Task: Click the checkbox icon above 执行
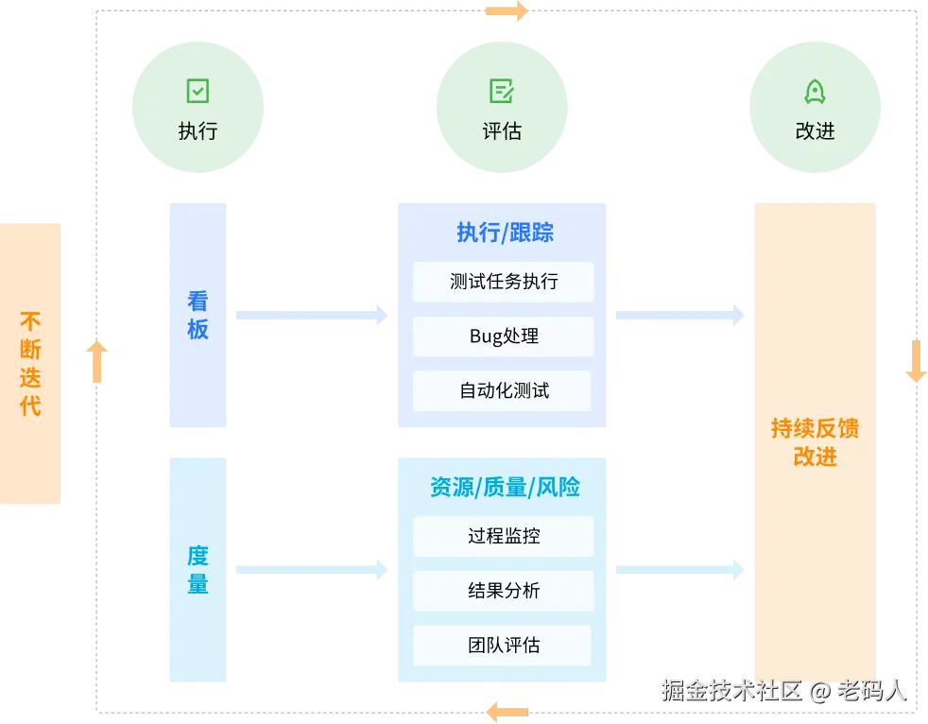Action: coord(198,91)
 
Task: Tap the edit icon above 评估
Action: coord(502,91)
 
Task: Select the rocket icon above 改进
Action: coord(815,91)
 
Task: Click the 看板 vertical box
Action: coord(197,315)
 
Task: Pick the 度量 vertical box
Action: coord(197,570)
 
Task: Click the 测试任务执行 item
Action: coord(503,282)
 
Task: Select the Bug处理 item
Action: coord(503,336)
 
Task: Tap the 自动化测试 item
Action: coord(503,390)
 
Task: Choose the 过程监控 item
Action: coord(503,536)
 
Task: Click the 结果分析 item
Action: coord(503,591)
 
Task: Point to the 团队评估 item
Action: coord(503,646)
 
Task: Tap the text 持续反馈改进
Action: coord(815,442)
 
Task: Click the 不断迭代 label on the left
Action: coord(31,364)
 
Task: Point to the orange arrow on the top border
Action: coord(506,11)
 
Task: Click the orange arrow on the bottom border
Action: coord(507,710)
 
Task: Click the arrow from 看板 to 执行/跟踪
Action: coord(311,317)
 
